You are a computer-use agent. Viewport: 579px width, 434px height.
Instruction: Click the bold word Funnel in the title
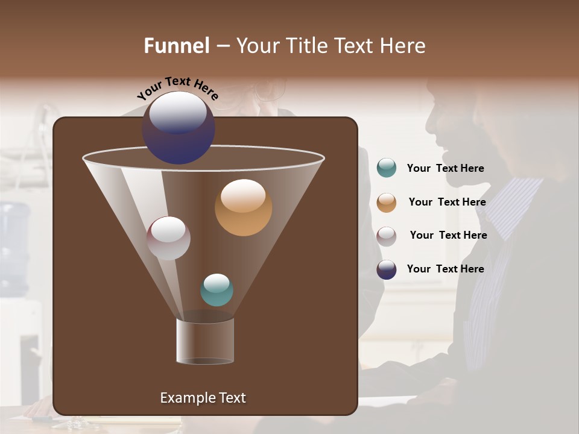pyautogui.click(x=176, y=46)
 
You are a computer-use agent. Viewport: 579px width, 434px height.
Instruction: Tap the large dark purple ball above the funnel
pyautogui.click(x=179, y=128)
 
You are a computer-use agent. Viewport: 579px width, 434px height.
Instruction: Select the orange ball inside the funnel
pyautogui.click(x=243, y=208)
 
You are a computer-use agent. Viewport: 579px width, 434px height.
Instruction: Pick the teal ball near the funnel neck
pyautogui.click(x=217, y=290)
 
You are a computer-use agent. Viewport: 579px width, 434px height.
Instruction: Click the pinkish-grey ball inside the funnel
pyautogui.click(x=168, y=238)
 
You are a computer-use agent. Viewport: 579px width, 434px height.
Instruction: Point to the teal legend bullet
pyautogui.click(x=387, y=168)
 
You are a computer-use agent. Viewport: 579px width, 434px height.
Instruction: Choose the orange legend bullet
pyautogui.click(x=387, y=203)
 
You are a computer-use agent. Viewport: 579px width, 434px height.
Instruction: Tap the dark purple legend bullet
pyautogui.click(x=387, y=269)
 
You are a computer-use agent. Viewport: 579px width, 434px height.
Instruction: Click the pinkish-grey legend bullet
pyautogui.click(x=387, y=236)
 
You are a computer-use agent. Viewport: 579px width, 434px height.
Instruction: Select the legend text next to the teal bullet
pyautogui.click(x=445, y=168)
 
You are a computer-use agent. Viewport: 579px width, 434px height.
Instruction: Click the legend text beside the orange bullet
pyautogui.click(x=447, y=202)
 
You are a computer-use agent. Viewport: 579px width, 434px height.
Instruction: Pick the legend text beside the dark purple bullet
pyautogui.click(x=445, y=269)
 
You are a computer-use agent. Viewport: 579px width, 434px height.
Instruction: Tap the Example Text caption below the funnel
pyautogui.click(x=203, y=398)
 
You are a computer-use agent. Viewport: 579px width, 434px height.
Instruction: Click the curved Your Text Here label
pyautogui.click(x=177, y=87)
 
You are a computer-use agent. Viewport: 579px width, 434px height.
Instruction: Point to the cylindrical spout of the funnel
pyautogui.click(x=205, y=342)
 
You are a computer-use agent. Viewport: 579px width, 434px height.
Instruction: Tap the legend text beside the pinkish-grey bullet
pyautogui.click(x=448, y=235)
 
